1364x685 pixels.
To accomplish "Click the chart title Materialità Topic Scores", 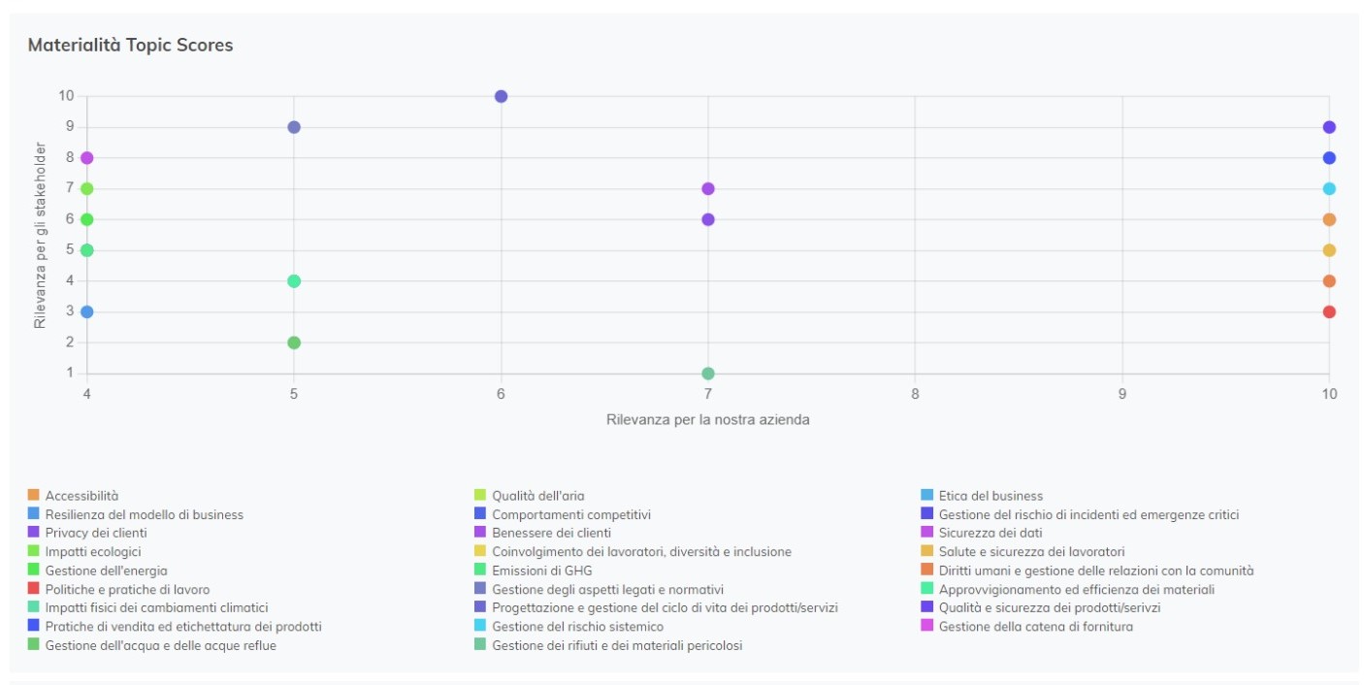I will tap(130, 45).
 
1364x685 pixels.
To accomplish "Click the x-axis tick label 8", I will tap(915, 394).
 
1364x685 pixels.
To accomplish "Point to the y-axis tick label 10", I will tap(66, 95).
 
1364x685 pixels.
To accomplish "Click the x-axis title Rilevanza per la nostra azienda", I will tap(707, 420).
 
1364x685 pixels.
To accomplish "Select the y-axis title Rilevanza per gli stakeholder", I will tap(41, 235).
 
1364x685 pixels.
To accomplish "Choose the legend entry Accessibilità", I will tap(81, 496).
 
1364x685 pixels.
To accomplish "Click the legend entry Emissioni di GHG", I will tap(541, 571).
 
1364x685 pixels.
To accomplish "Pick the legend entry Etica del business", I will tap(991, 496).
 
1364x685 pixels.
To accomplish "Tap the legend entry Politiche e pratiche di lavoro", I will tap(127, 589).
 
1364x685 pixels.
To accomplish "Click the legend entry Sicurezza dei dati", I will tap(990, 533).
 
